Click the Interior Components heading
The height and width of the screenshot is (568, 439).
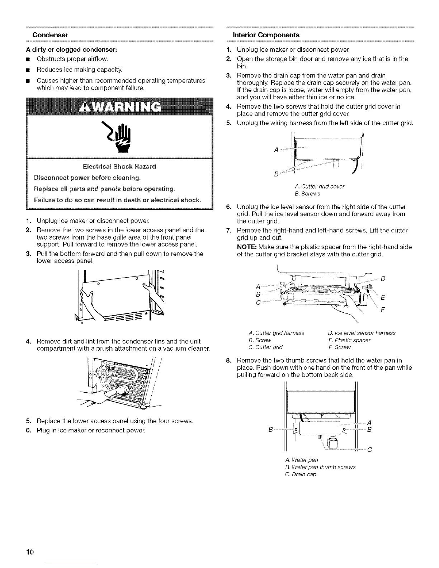tap(266, 35)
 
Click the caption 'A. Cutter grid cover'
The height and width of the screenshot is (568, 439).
tap(319, 186)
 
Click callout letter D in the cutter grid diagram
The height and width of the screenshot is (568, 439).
tap(383, 279)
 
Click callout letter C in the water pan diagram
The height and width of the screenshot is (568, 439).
tap(369, 451)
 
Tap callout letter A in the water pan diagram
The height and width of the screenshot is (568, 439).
tap(369, 422)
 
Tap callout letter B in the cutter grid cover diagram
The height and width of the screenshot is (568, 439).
tap(275, 175)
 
